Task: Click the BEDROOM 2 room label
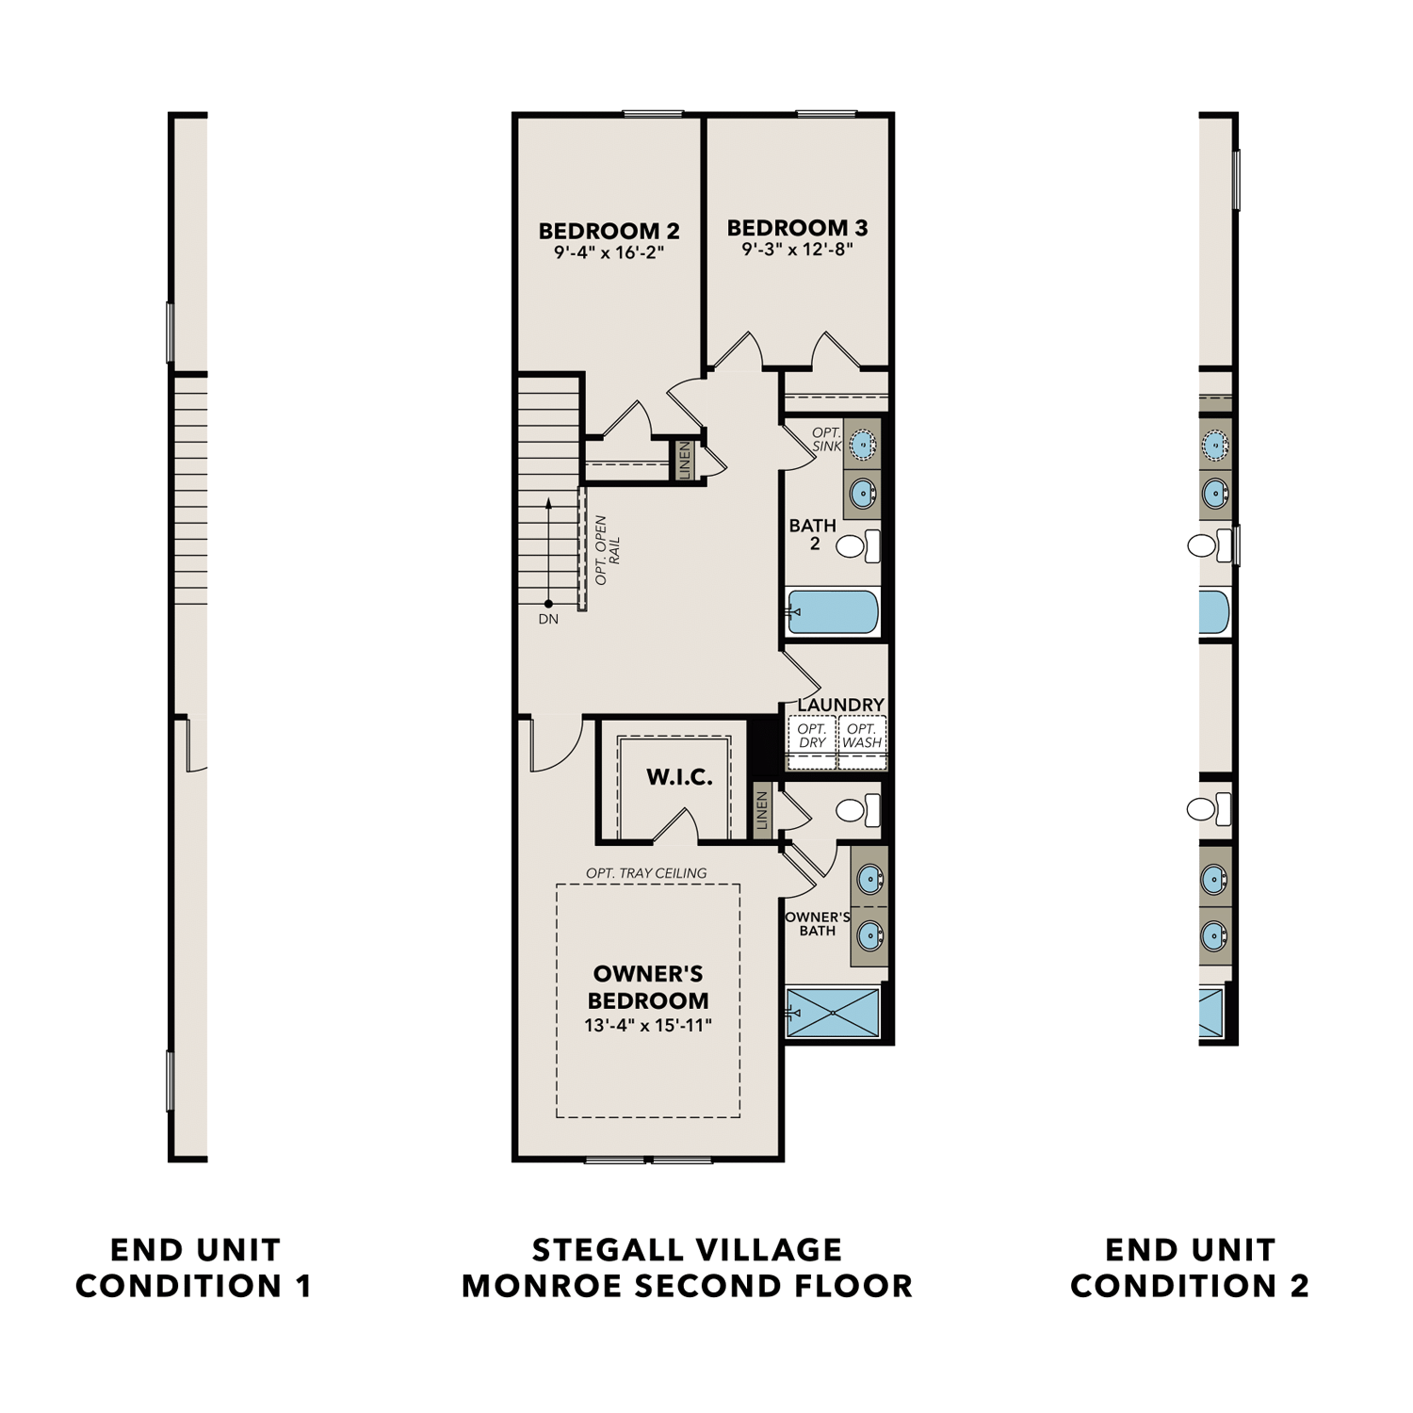[609, 231]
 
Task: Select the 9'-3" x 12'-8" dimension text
[797, 250]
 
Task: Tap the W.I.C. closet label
[678, 777]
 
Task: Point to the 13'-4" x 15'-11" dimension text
[648, 1025]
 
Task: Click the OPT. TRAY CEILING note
[646, 873]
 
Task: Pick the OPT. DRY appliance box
[812, 736]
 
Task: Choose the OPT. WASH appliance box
[862, 736]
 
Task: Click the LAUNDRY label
[840, 705]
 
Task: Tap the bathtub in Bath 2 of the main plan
[833, 612]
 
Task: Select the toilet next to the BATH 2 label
[858, 545]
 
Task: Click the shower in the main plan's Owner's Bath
[833, 1013]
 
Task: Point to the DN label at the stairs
[548, 619]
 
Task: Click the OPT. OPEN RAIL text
[607, 550]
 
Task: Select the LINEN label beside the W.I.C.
[762, 810]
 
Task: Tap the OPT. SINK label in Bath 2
[826, 439]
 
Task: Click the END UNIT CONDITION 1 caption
[194, 1268]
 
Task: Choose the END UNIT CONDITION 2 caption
[1190, 1268]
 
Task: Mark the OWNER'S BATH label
[817, 923]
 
